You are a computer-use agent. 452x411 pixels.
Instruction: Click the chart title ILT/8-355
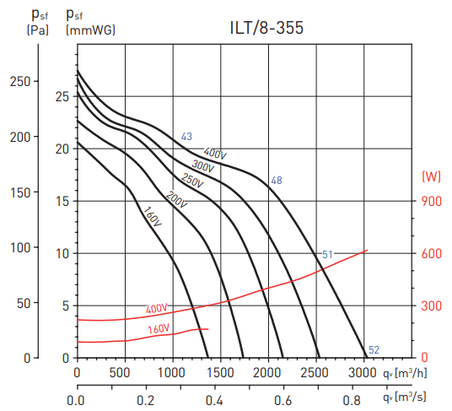pos(266,27)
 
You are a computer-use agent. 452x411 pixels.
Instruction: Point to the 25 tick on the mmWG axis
pos(61,96)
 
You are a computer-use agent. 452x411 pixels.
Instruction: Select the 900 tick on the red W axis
pos(432,201)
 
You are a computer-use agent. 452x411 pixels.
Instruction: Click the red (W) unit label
pos(432,176)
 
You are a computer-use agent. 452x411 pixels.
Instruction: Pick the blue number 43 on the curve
pos(186,137)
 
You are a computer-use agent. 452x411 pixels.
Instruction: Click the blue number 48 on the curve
pos(276,181)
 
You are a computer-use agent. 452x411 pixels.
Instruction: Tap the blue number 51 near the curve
pos(328,254)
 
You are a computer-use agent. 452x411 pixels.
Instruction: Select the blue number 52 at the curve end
pos(374,350)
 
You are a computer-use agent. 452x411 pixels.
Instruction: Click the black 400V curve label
pos(215,154)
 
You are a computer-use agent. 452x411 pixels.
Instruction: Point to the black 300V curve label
pos(202,165)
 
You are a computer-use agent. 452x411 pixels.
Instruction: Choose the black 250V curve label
pos(192,181)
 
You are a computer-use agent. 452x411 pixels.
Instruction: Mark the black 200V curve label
pos(176,200)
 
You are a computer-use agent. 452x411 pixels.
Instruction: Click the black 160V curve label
pos(153,217)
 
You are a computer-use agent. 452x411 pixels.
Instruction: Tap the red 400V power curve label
pos(157,309)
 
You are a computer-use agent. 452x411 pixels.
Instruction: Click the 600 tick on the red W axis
pos(432,253)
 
